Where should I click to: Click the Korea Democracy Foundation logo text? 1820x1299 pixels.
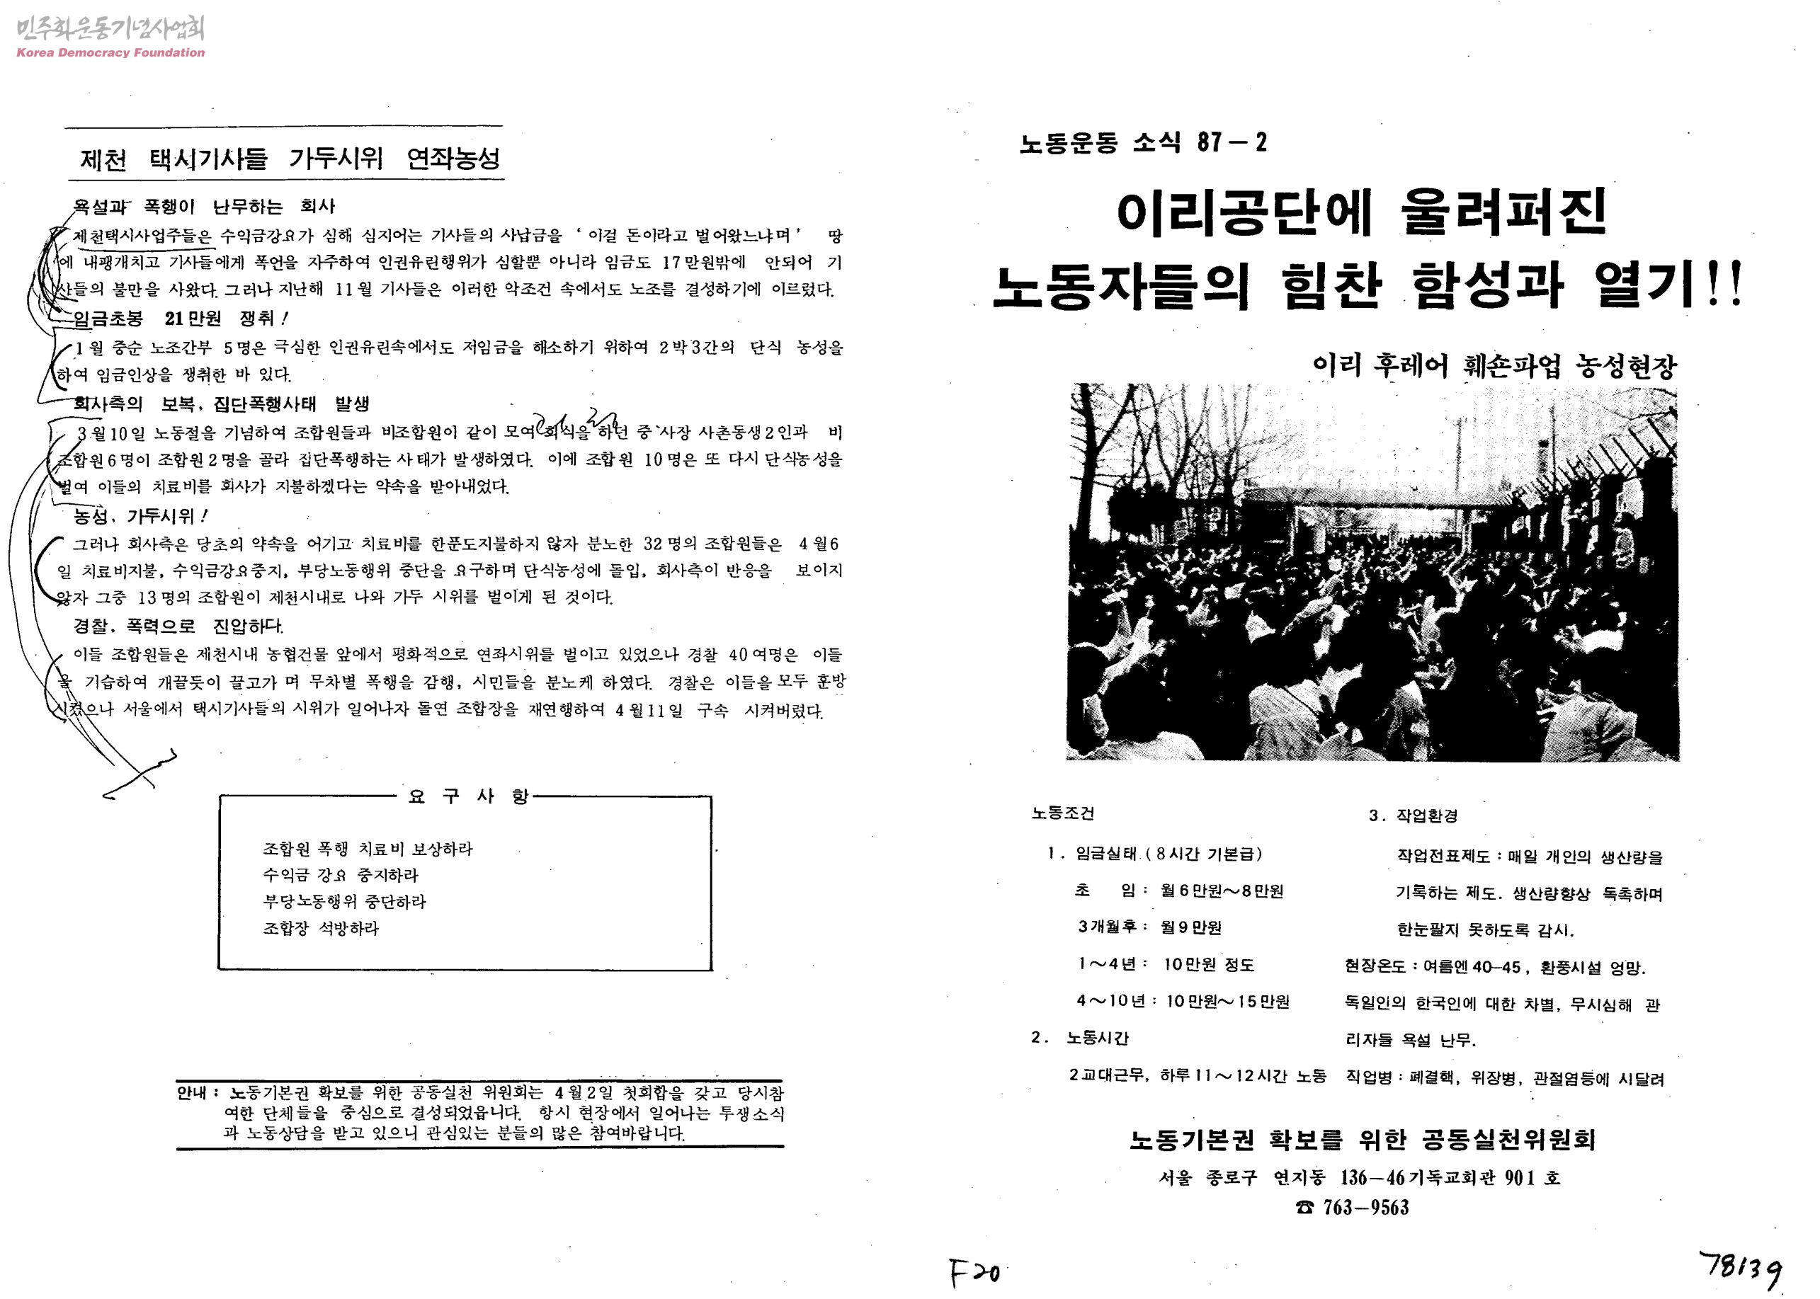click(x=110, y=53)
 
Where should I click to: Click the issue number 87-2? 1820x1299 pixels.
click(x=1232, y=143)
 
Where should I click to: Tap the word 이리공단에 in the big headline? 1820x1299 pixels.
click(x=1244, y=213)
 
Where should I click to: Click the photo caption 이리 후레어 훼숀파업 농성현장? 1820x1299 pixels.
click(x=1494, y=367)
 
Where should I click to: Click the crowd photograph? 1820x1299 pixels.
click(x=1372, y=572)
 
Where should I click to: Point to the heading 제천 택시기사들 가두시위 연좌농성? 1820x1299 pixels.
click(x=289, y=159)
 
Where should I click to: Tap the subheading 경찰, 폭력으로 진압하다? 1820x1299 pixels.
click(x=178, y=626)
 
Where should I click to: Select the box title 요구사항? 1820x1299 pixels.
click(x=468, y=796)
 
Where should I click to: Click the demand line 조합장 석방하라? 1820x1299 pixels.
click(x=321, y=929)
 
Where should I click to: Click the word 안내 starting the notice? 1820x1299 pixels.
click(x=193, y=1092)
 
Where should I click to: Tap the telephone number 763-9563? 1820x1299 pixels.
click(x=1365, y=1207)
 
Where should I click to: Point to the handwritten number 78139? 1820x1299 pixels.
click(x=1741, y=1269)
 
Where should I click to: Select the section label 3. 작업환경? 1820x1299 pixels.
click(x=1413, y=816)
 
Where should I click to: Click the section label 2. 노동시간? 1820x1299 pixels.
click(x=1080, y=1038)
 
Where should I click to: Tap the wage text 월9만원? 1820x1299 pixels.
click(x=1191, y=927)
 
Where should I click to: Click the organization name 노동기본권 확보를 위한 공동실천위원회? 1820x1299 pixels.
click(x=1362, y=1139)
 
